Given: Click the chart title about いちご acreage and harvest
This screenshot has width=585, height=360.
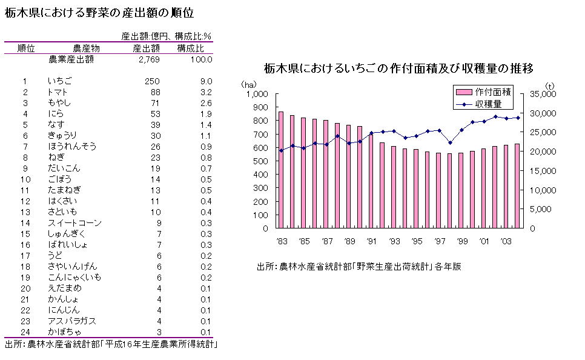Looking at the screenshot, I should pos(398,68).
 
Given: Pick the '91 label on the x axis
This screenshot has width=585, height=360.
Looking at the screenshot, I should pos(373,241).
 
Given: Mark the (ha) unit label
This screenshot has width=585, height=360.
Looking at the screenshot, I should pos(250,84).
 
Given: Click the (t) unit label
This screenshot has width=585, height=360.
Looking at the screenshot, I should pos(549,84).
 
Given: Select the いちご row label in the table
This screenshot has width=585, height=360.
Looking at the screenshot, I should pos(60,81).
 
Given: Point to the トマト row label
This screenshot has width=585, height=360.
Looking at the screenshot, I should pos(58,92).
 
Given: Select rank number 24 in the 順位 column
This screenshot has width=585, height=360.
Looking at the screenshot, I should pos(25,332).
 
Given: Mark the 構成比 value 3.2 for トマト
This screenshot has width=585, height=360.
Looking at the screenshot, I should pos(205,92).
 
